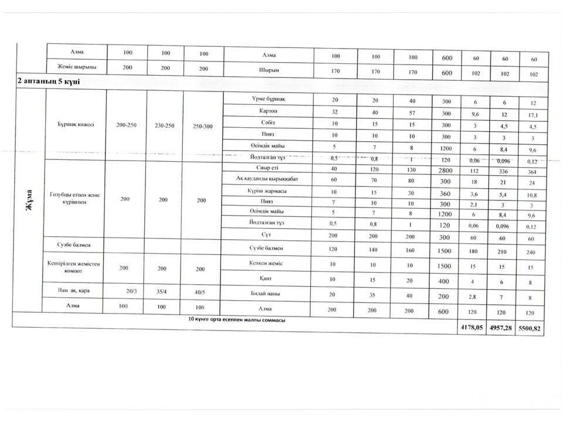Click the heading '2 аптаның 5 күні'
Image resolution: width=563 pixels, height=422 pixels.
point(48,81)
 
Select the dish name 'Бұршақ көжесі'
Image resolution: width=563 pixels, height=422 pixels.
point(75,124)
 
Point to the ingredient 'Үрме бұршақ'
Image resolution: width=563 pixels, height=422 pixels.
point(267,98)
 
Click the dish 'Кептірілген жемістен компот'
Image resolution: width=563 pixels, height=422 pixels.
point(75,267)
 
